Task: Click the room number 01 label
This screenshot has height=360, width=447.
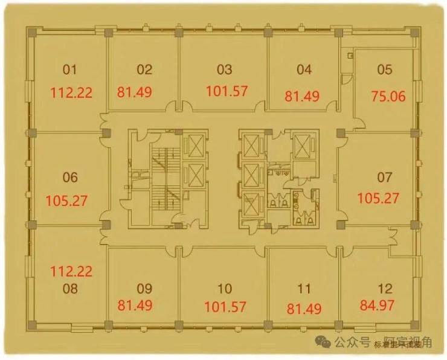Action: tap(70, 69)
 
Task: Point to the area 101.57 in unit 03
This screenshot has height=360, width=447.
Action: tap(227, 92)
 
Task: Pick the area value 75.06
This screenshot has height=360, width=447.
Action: tap(388, 95)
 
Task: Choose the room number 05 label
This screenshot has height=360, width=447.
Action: tap(385, 69)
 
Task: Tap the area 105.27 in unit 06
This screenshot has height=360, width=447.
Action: tap(68, 200)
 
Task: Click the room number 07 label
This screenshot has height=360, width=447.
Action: tap(385, 178)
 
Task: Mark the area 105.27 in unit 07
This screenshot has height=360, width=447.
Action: tap(378, 198)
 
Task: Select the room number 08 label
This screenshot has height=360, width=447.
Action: tap(70, 288)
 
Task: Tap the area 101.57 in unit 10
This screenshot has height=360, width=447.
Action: tap(225, 307)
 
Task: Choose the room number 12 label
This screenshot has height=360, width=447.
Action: tap(385, 288)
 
